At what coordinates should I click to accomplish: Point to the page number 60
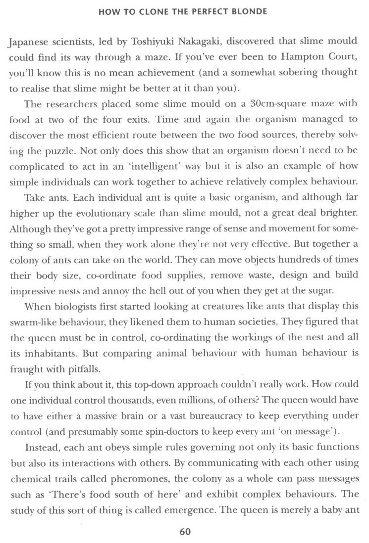[x=185, y=532]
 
